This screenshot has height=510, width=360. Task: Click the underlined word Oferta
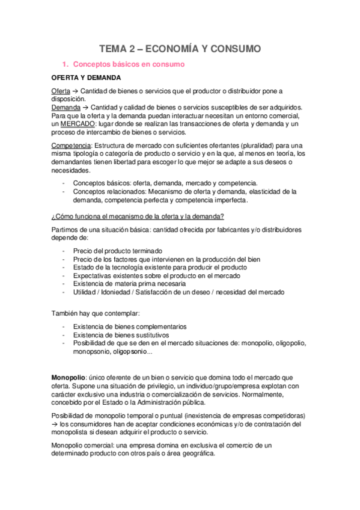pyautogui.click(x=61, y=91)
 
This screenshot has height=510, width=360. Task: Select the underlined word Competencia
pyautogui.click(x=71, y=146)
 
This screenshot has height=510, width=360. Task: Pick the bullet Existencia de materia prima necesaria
pyautogui.click(x=129, y=283)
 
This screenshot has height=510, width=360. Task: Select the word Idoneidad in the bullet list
pyautogui.click(x=121, y=292)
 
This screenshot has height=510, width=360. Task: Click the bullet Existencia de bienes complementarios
pyautogui.click(x=130, y=327)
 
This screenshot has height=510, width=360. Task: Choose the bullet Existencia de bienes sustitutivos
pyautogui.click(x=121, y=335)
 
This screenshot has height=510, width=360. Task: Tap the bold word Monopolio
pyautogui.click(x=68, y=377)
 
